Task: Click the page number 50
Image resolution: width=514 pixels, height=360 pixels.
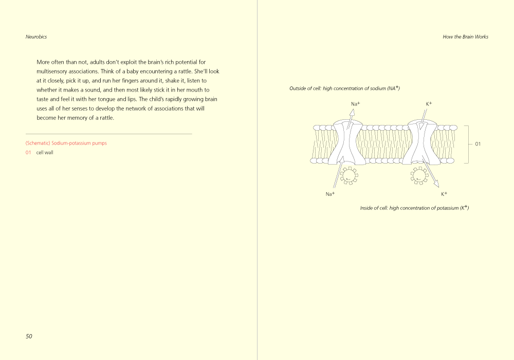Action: click(x=29, y=336)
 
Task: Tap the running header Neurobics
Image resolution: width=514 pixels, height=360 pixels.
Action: click(x=36, y=37)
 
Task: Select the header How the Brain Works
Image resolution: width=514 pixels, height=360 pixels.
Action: click(x=465, y=37)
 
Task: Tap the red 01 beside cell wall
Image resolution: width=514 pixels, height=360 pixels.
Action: click(x=28, y=153)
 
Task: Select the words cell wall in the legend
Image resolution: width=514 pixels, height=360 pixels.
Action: click(x=45, y=153)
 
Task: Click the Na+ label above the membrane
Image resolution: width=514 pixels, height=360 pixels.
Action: click(x=355, y=104)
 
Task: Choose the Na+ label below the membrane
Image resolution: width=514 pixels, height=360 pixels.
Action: click(x=330, y=194)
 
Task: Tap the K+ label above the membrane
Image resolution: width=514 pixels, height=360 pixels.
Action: click(x=429, y=104)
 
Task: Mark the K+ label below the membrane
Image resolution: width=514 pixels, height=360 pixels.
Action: click(x=444, y=194)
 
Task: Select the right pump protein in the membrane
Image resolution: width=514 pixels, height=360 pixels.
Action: click(x=421, y=143)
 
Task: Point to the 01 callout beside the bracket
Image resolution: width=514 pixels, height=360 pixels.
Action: click(x=478, y=144)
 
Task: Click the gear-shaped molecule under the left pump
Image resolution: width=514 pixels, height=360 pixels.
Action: click(x=350, y=175)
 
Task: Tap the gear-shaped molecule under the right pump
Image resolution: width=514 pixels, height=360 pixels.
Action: click(x=419, y=175)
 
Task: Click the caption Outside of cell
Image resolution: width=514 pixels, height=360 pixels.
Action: click(x=344, y=88)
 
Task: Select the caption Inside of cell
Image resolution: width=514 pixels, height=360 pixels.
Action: click(x=414, y=208)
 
